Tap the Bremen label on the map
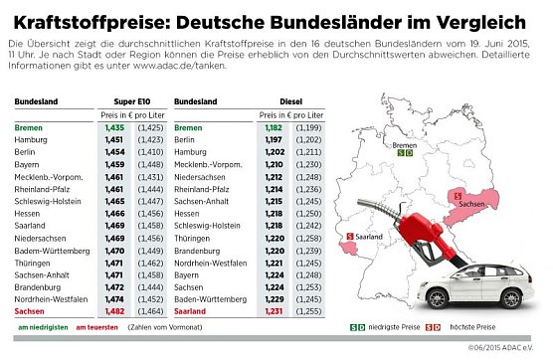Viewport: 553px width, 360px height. point(406,144)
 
